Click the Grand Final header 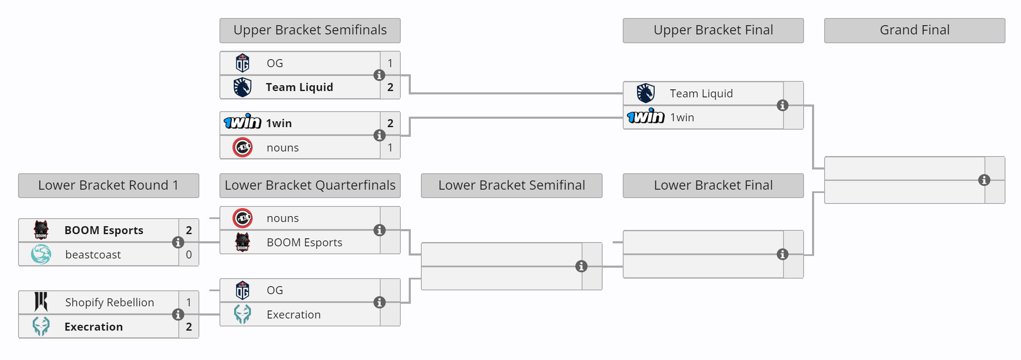pos(914,30)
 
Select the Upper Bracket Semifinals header pos(310,30)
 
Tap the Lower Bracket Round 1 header pos(108,185)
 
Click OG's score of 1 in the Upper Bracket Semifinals pos(390,63)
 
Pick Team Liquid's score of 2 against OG pos(390,87)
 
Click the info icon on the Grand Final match pos(984,180)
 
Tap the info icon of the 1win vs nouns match pos(379,136)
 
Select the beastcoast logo pos(41,254)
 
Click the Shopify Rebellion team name pos(110,303)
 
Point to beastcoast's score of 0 pos(189,255)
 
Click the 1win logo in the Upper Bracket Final pos(645,117)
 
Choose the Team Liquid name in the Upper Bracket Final pos(701,94)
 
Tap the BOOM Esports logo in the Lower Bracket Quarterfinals pos(243,242)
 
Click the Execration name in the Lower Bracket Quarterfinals pos(294,315)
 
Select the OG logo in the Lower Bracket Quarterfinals pos(243,290)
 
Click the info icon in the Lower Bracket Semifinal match pos(581,266)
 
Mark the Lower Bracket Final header pos(713,185)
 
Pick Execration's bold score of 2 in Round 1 pos(189,327)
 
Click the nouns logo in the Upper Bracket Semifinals pos(243,148)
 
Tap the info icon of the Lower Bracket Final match pos(782,254)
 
